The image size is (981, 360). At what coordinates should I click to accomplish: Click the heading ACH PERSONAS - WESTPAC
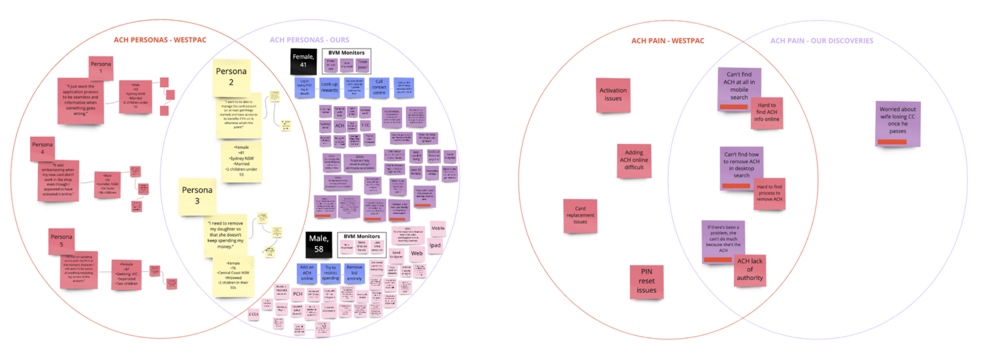(x=160, y=40)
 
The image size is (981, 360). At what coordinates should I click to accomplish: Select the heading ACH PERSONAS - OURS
(x=309, y=40)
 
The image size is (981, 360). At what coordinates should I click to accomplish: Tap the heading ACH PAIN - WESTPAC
(x=668, y=41)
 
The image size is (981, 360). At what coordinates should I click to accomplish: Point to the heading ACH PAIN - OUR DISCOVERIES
(x=821, y=41)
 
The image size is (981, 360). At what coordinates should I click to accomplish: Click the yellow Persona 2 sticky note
(x=231, y=77)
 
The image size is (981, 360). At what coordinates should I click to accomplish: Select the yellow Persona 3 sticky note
(x=197, y=195)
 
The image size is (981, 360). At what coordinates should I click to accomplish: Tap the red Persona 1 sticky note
(x=101, y=67)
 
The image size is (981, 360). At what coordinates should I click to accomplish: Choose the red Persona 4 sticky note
(x=42, y=148)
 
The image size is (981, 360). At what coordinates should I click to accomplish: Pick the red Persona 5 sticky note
(x=61, y=241)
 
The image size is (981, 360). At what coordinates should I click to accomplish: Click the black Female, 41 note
(x=303, y=61)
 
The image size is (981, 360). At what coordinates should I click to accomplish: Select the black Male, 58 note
(x=318, y=244)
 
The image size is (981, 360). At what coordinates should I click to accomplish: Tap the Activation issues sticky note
(x=613, y=95)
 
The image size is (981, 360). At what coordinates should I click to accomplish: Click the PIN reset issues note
(x=646, y=281)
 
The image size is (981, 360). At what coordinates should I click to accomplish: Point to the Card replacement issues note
(x=580, y=215)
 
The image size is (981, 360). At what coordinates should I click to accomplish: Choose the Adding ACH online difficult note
(x=634, y=160)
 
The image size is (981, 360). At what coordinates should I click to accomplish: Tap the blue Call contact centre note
(x=379, y=87)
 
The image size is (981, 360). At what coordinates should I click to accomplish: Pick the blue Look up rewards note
(x=329, y=87)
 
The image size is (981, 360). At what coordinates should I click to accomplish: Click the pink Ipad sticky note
(x=435, y=246)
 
